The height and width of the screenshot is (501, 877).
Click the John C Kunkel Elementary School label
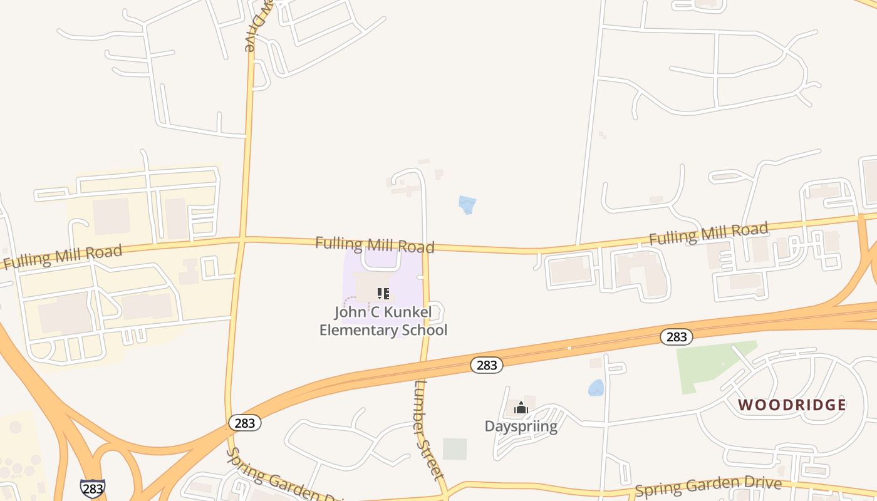coord(383,321)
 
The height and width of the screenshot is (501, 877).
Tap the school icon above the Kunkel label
coord(383,293)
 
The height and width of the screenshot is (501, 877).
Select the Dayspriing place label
coord(521,426)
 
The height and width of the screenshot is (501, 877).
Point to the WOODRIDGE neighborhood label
coord(792,405)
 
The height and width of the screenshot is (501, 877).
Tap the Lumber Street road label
coord(429,429)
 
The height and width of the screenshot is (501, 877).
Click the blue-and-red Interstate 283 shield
coord(92,488)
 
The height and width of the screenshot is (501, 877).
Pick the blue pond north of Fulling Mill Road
coord(467,205)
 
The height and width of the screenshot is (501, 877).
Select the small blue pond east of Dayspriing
coord(596,388)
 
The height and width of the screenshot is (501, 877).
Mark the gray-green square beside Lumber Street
coord(455,448)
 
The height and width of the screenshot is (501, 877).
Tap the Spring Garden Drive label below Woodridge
coord(708,486)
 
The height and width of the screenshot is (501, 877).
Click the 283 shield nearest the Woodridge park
coord(677,337)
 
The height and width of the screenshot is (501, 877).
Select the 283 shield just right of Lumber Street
coord(487,365)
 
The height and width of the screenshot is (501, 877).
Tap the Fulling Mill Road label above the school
coord(375,244)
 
